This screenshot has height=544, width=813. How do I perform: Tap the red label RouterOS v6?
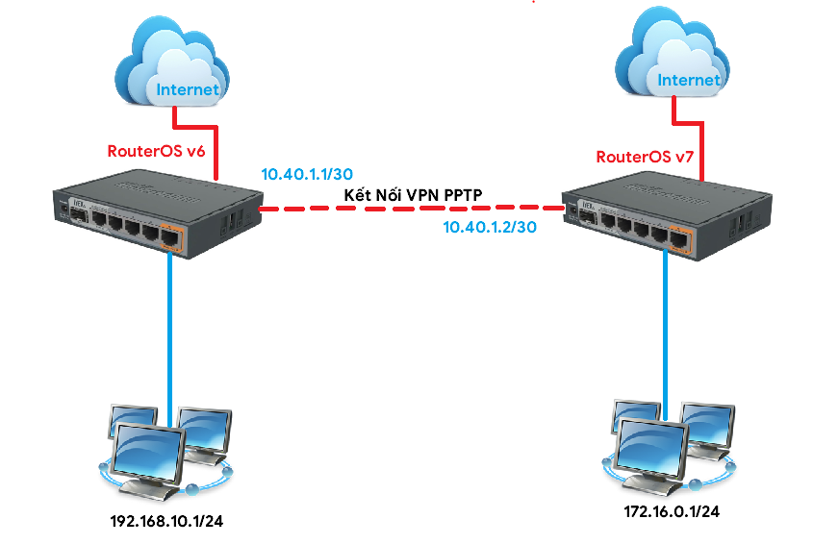[x=156, y=151]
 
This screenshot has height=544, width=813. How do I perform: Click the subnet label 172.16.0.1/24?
[x=672, y=512]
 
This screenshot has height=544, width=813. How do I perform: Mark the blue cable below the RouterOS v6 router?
[x=171, y=327]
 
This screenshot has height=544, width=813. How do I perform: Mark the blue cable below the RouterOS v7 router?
[x=665, y=327]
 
